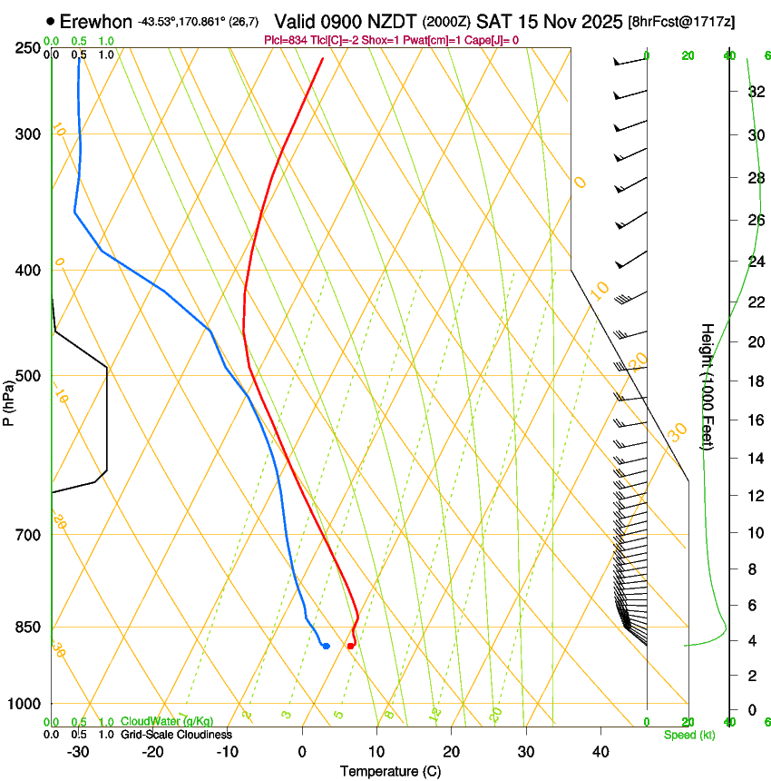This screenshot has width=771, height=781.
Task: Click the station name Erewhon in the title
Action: point(96,21)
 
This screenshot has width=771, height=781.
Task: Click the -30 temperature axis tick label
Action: point(78,752)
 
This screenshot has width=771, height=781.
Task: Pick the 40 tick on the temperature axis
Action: point(600,752)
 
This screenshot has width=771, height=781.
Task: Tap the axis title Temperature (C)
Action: point(390,771)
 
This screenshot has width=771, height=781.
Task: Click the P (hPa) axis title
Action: point(9,400)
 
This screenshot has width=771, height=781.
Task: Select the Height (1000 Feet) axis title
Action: point(708,386)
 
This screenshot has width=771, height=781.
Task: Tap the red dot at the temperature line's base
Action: point(350,646)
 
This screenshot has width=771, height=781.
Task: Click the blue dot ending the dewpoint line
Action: point(326,646)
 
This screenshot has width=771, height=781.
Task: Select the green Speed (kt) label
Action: point(688,735)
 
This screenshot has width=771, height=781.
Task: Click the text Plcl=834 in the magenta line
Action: point(285,40)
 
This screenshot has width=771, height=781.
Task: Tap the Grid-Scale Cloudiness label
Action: point(176,734)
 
